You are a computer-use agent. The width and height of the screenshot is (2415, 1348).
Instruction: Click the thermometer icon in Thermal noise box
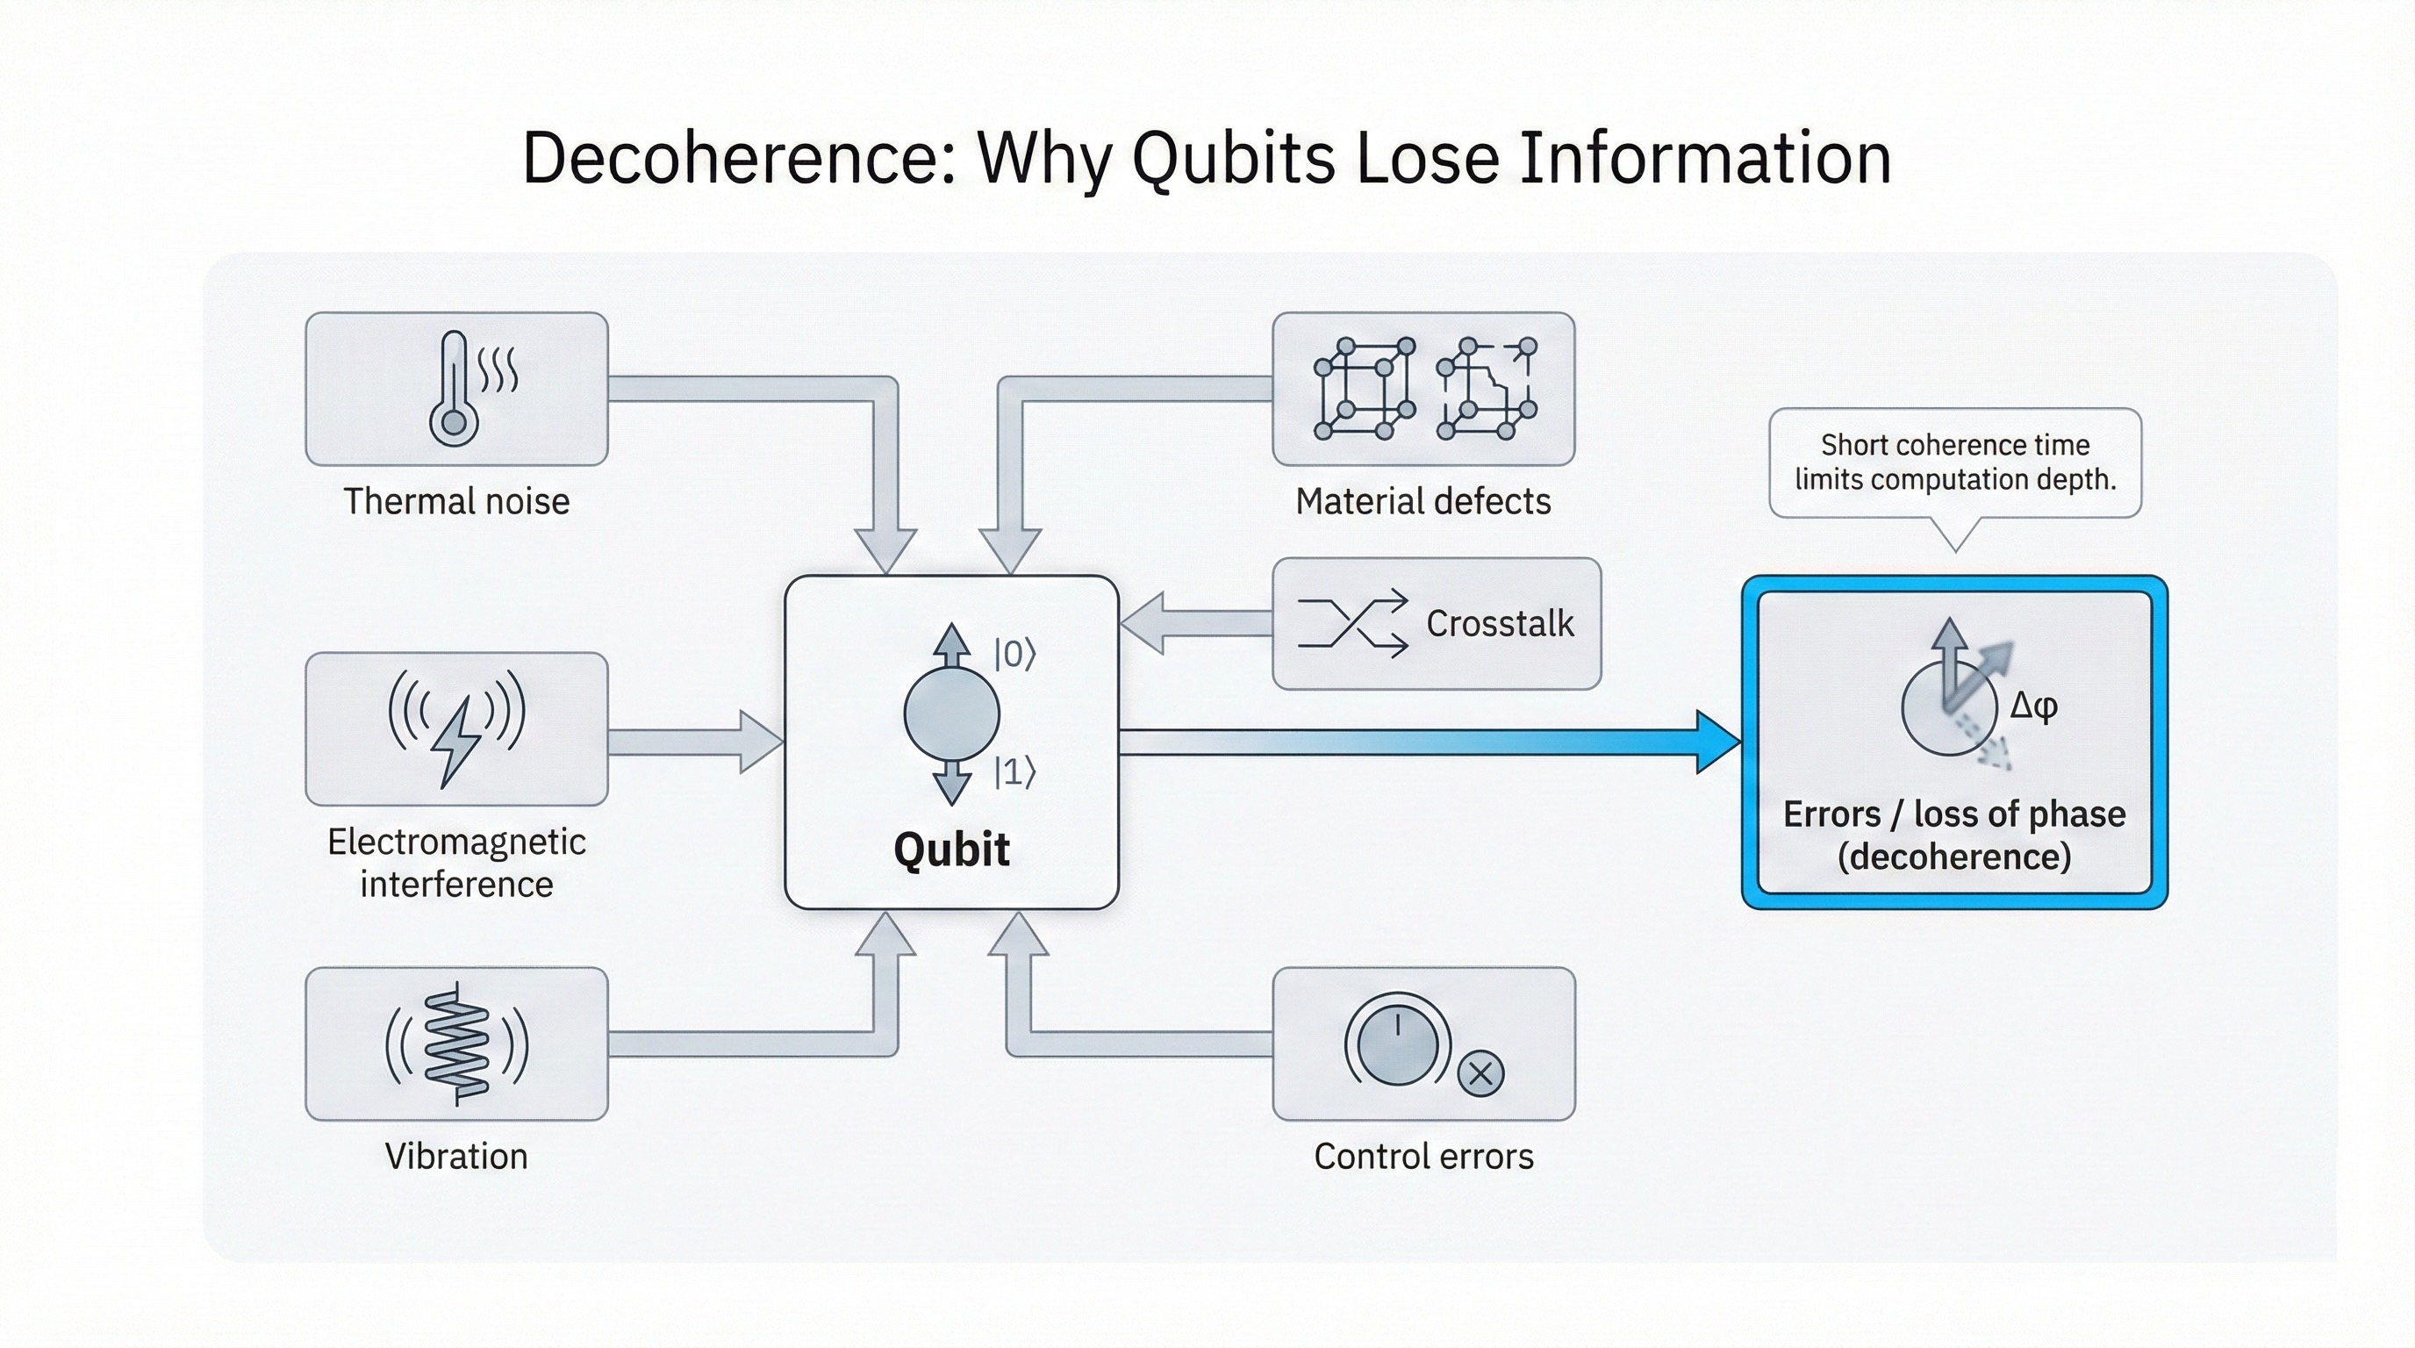(454, 389)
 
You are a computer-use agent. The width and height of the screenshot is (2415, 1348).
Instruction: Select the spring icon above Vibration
(456, 1044)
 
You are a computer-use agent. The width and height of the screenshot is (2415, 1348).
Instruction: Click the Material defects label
(1422, 501)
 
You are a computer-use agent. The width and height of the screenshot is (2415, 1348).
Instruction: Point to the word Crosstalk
(1499, 623)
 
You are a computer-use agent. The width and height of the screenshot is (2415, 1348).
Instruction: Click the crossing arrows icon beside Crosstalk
(1353, 623)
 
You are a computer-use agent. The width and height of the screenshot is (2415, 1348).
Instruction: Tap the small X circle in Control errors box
(1480, 1073)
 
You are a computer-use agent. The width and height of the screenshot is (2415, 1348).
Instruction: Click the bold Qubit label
(950, 850)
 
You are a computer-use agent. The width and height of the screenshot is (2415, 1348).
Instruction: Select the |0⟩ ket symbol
(1014, 654)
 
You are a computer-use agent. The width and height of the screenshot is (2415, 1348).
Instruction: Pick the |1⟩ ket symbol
(1014, 772)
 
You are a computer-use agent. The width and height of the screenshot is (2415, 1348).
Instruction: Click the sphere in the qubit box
(950, 714)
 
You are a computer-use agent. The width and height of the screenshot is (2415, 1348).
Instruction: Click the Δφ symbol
(2033, 705)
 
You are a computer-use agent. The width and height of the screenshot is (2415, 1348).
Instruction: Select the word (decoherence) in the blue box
(1953, 856)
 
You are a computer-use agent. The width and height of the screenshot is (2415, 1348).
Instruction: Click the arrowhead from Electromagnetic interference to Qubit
(760, 742)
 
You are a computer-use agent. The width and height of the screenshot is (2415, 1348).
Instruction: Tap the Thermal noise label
(456, 501)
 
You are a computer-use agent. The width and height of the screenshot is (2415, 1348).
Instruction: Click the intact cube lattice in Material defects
(1364, 388)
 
